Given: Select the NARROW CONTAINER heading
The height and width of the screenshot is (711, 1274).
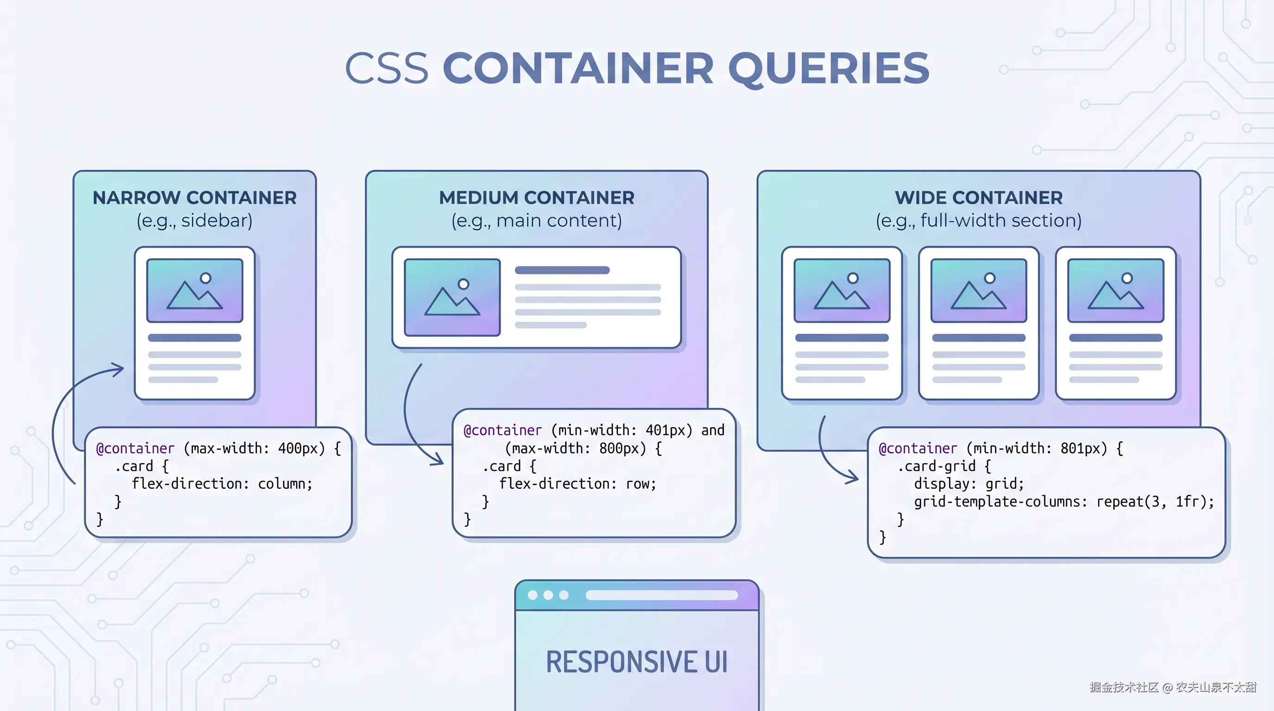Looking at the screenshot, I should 194,198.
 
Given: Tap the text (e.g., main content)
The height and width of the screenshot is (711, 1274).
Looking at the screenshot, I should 537,220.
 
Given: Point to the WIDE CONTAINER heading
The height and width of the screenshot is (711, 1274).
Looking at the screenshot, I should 978,198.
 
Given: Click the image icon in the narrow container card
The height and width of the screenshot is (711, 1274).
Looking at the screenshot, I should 195,291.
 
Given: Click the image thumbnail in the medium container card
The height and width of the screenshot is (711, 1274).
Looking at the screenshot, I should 452,297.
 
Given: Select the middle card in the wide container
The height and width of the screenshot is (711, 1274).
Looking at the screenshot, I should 978,323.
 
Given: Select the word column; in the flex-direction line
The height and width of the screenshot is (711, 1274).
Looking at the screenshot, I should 285,484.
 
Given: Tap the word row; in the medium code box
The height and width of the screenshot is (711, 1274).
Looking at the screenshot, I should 641,484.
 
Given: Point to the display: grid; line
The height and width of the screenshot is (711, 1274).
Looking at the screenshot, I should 968,484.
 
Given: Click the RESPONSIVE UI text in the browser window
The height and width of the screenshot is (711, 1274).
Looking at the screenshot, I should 637,662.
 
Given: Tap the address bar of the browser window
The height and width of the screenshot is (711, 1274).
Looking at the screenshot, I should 661,595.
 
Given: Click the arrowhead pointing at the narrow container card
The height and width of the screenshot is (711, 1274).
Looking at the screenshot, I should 119,369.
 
